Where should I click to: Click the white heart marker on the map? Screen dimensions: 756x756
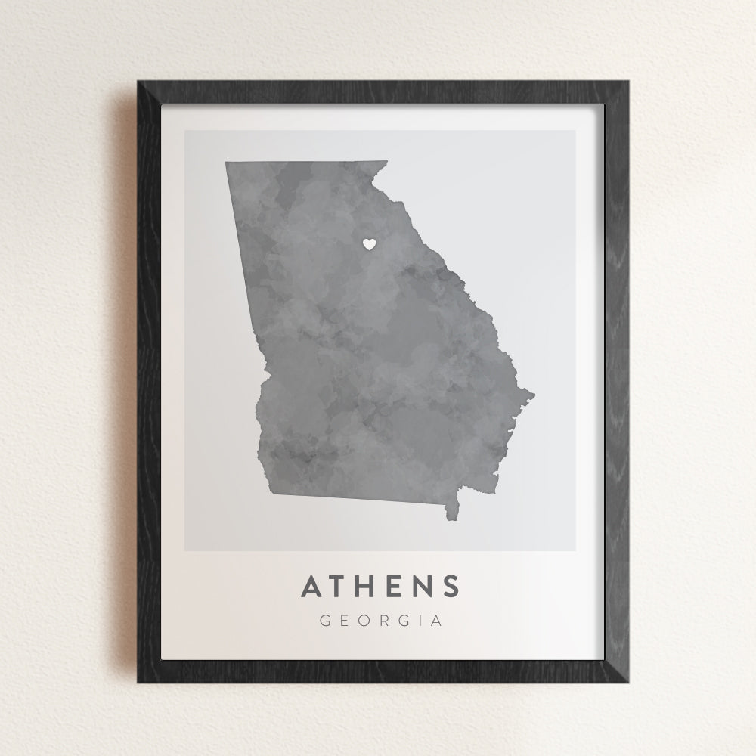[x=369, y=243]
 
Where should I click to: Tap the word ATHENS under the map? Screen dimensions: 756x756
[x=381, y=586]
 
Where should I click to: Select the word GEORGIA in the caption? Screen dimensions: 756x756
[x=381, y=621]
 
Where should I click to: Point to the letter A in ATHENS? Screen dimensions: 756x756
[x=312, y=586]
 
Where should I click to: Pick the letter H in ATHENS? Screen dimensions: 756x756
[x=369, y=586]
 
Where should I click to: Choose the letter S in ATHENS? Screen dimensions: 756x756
[x=451, y=586]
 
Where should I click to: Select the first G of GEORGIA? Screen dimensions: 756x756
[x=325, y=621]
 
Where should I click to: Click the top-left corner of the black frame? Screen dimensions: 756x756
[x=138, y=79]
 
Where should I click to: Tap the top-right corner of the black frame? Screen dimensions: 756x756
[x=628, y=79]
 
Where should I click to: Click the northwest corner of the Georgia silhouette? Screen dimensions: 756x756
[x=226, y=162]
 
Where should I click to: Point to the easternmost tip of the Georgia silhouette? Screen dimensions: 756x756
[x=534, y=394]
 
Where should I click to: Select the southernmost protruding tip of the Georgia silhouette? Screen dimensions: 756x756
[x=454, y=521]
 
